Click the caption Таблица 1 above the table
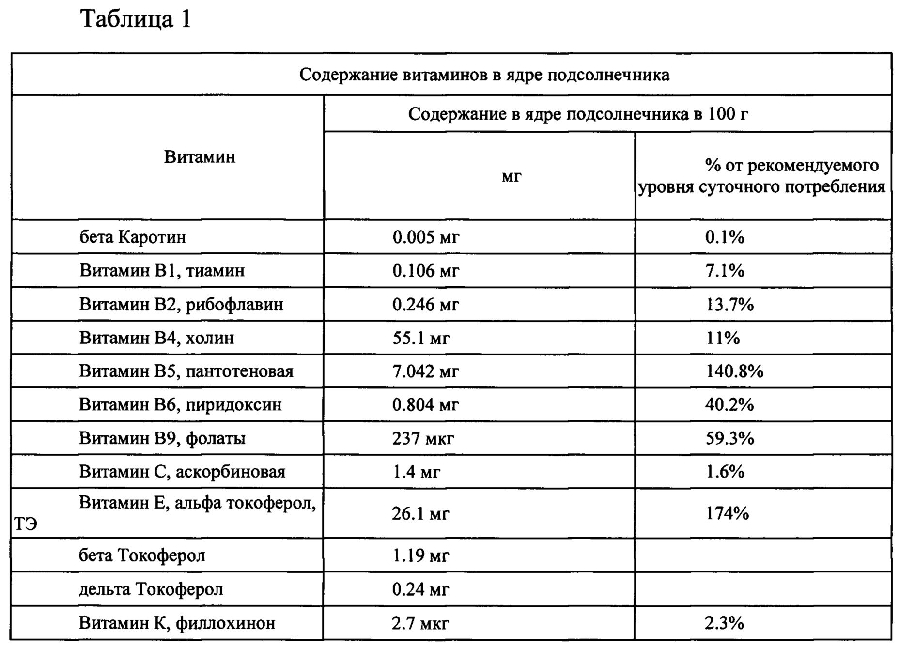click(x=136, y=20)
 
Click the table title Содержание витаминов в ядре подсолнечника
click(x=484, y=75)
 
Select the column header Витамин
click(x=200, y=157)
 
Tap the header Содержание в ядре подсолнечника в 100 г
click(x=578, y=114)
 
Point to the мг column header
click(x=512, y=176)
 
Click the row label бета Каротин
click(x=133, y=237)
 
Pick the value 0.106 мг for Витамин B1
click(x=426, y=271)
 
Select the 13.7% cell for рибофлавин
click(x=729, y=305)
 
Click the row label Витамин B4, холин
click(x=157, y=338)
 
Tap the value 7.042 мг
click(x=426, y=371)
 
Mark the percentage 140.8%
click(x=734, y=371)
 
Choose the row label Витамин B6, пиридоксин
click(x=180, y=405)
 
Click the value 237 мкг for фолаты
click(x=423, y=439)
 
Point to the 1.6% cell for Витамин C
click(x=725, y=472)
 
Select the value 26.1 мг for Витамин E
click(x=420, y=513)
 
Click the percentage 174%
click(x=727, y=513)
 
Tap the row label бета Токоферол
click(x=142, y=555)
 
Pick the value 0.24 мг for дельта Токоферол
click(x=420, y=589)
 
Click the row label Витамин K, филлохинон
click(x=177, y=623)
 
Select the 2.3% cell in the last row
click(x=724, y=623)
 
